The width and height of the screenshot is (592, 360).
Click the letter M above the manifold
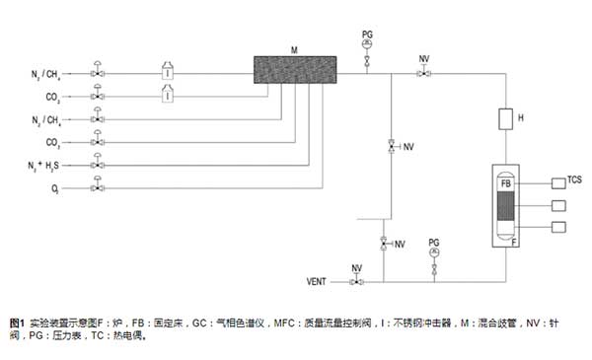click(294, 48)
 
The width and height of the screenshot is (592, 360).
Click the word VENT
click(318, 283)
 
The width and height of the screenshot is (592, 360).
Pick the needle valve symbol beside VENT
click(357, 282)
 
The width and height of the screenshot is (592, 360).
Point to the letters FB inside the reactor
click(505, 183)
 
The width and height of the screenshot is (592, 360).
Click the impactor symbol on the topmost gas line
click(168, 72)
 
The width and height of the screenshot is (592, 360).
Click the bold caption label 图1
click(17, 323)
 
